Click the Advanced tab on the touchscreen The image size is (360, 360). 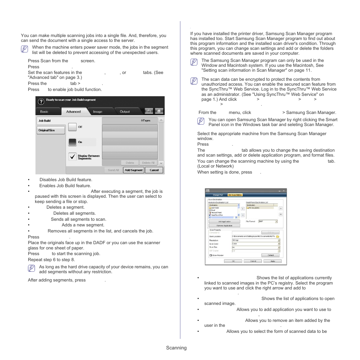coord(74,111)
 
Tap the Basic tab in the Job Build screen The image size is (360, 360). coord(44,111)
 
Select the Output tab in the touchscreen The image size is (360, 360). coord(125,111)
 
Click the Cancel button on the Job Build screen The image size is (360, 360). coord(154,170)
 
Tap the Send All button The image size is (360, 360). coord(114,170)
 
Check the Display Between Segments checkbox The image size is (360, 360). coord(72,157)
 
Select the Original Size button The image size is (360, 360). coord(51,130)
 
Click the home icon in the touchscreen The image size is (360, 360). coord(159,111)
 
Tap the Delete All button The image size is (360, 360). coord(148,163)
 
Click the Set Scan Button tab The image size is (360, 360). coord(235,195)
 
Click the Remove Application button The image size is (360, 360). coord(225,226)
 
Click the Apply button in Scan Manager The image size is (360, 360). coord(273,261)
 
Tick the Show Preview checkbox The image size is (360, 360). coord(211,255)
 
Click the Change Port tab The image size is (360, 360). coord(218,195)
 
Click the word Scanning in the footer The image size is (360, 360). coord(176,348)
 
